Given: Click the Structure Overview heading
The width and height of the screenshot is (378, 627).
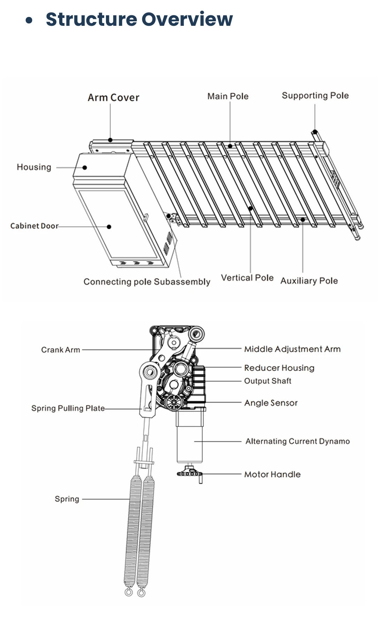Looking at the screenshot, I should [139, 19].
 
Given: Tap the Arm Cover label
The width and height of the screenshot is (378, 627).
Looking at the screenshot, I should [113, 98].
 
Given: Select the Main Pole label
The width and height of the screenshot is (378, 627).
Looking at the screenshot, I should [228, 96].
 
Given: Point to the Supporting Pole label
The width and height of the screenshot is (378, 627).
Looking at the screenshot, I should [315, 96].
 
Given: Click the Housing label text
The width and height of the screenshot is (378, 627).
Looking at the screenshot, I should [34, 167].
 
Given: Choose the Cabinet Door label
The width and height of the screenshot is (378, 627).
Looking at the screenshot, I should [34, 226].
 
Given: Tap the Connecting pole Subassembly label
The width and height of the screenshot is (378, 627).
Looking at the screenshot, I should [147, 282].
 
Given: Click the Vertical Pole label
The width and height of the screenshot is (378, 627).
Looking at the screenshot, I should [247, 278].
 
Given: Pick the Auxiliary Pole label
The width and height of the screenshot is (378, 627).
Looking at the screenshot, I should [309, 281].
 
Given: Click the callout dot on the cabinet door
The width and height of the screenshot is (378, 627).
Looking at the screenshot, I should [109, 227].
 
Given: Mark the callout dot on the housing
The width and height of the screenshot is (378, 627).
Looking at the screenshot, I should [85, 167].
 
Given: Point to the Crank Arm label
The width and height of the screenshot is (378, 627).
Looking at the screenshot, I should [61, 350].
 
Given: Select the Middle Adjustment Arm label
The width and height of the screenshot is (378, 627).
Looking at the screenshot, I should [292, 349].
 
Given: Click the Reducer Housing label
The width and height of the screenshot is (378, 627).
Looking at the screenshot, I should [279, 368].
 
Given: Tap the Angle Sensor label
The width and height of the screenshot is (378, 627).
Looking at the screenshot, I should [271, 403].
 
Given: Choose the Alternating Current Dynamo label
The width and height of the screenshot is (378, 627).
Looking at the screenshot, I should [298, 441].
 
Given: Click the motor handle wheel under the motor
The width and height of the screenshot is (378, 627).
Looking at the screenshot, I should [190, 473].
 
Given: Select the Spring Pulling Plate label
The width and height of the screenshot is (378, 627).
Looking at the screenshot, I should [68, 408].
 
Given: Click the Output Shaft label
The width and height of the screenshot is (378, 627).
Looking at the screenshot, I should [268, 381].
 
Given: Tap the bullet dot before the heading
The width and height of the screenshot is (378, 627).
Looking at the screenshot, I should [29, 20].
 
